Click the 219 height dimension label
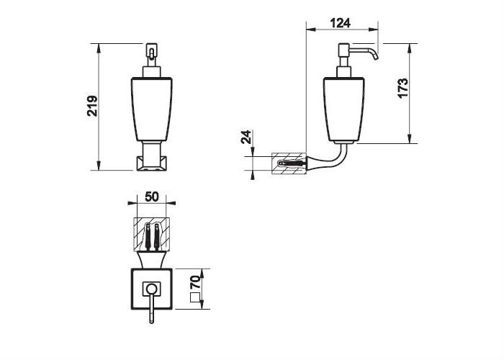[92, 106]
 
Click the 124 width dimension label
[341, 23]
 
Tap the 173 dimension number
[402, 88]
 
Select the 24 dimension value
[246, 137]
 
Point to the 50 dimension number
[152, 197]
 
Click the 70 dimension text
[195, 283]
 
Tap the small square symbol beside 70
[195, 298]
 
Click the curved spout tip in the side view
[375, 57]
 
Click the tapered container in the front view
[152, 109]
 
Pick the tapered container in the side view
[343, 110]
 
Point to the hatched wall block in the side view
[289, 163]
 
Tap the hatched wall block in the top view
[151, 234]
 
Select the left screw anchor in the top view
[148, 237]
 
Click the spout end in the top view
[151, 320]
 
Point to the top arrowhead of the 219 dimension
[99, 48]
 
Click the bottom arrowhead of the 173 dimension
[410, 139]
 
